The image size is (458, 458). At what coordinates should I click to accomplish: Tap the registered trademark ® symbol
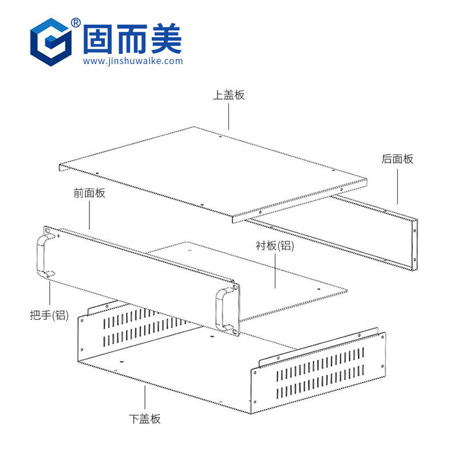76,22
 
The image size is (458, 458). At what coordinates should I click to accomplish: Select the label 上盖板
228,95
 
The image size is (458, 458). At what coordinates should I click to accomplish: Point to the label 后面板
397,159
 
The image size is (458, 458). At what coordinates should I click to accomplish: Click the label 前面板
89,194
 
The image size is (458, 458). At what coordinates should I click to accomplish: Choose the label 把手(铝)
49,315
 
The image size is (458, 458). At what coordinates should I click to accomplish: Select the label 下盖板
145,418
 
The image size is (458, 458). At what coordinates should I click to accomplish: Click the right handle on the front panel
221,309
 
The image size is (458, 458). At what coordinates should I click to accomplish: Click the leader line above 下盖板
145,398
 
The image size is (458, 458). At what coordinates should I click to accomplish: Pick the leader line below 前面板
89,215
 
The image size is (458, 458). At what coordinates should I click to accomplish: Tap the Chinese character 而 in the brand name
132,38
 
